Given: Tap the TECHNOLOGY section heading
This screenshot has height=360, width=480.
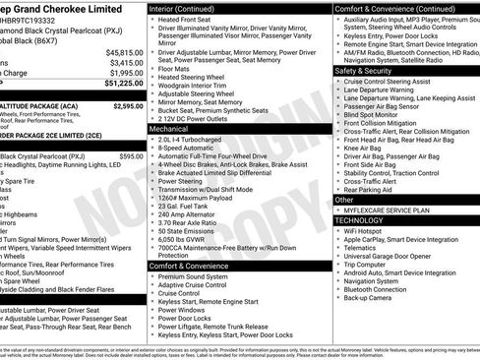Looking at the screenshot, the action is pos(360,220).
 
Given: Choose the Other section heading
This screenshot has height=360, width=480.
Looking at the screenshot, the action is pos(344,200).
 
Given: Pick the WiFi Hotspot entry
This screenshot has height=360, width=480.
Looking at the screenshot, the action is pos(366,232).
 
